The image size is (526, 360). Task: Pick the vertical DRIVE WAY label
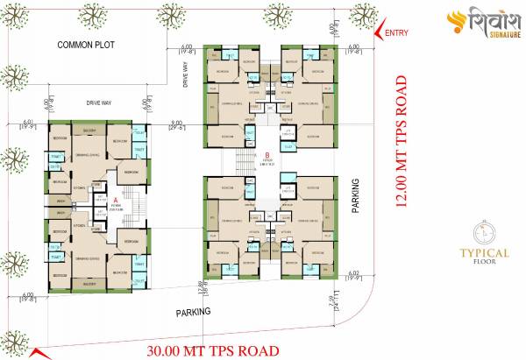coord(188,75)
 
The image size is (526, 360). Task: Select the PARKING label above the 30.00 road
coord(192,312)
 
